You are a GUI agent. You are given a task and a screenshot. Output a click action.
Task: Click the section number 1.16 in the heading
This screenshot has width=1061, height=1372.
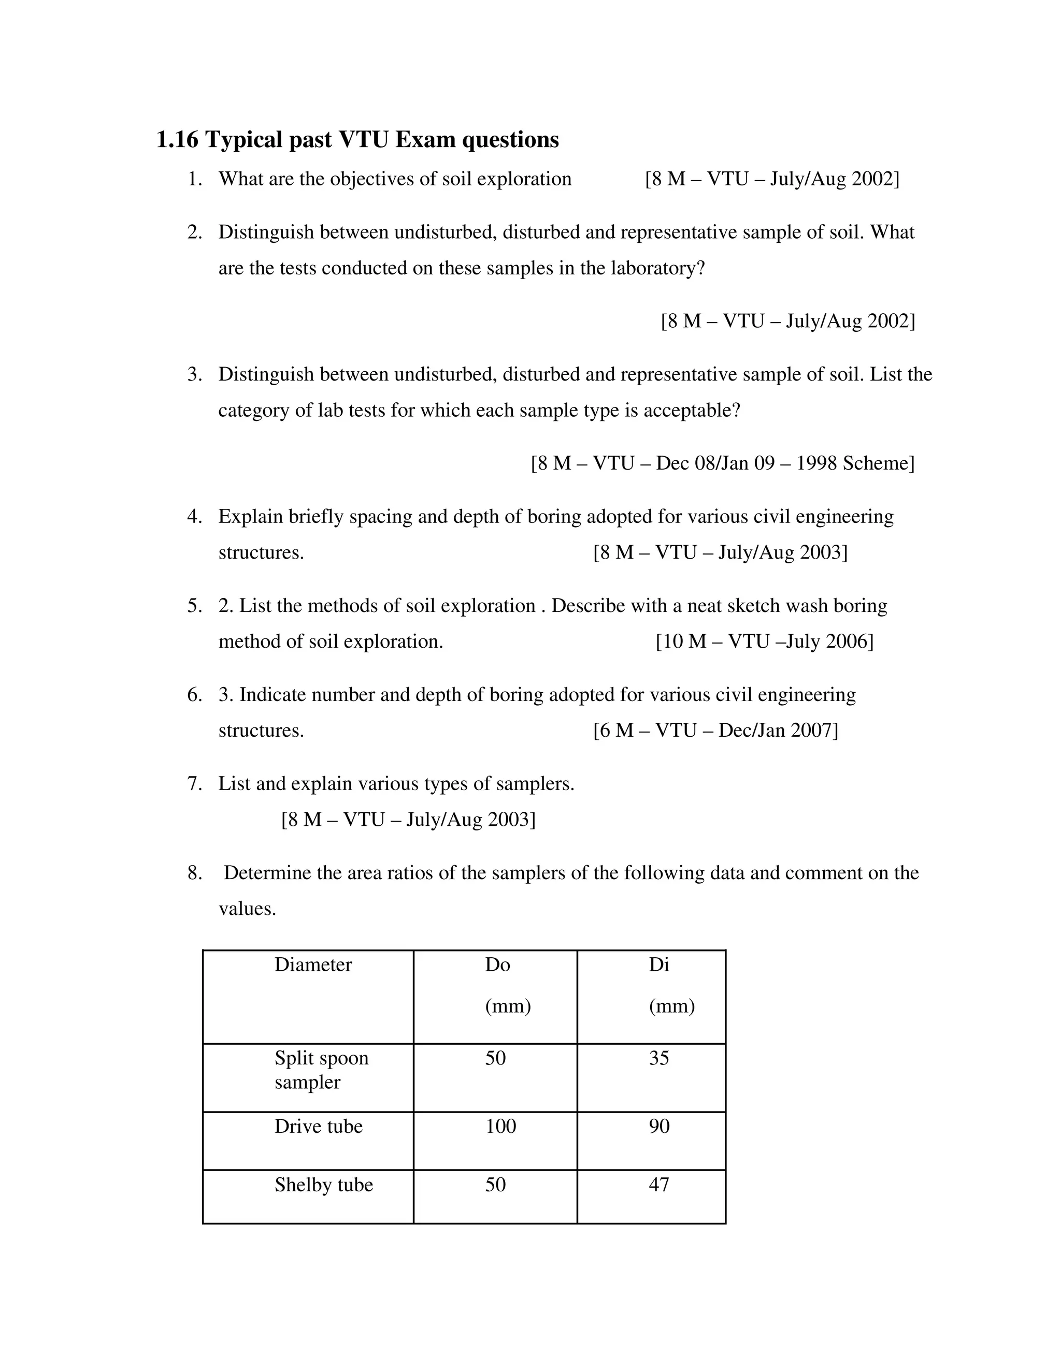(177, 139)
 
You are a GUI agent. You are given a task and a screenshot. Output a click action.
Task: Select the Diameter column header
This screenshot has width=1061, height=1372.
(313, 965)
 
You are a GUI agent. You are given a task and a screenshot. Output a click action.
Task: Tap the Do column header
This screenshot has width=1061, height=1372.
(497, 965)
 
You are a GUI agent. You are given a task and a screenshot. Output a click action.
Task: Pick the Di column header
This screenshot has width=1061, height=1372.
(659, 965)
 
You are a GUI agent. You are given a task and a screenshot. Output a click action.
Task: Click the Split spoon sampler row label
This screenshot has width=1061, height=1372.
(321, 1070)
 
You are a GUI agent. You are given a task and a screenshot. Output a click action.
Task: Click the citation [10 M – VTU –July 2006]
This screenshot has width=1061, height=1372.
(764, 641)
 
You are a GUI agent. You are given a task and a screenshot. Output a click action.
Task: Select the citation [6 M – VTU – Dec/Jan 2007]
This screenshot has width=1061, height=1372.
(715, 731)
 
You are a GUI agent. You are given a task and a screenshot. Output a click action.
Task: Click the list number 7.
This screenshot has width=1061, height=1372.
(194, 784)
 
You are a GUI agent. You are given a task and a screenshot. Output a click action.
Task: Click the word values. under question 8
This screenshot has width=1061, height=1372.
(247, 909)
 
